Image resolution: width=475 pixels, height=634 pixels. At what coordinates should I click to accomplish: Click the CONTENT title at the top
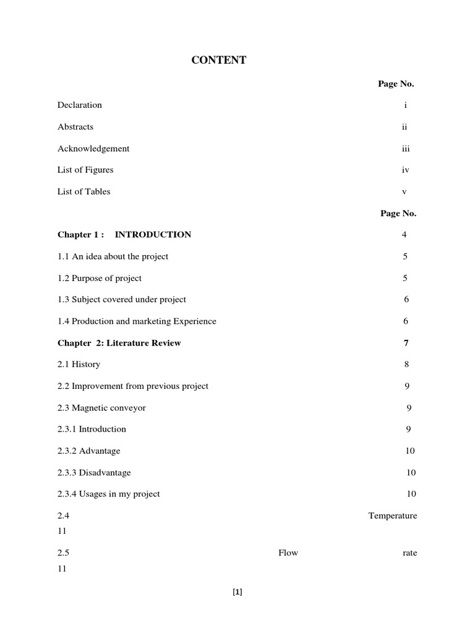click(219, 60)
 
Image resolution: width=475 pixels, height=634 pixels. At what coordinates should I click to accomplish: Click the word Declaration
click(80, 105)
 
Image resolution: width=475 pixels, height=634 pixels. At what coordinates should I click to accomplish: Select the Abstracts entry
click(75, 127)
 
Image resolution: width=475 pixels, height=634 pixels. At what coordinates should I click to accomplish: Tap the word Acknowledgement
click(93, 149)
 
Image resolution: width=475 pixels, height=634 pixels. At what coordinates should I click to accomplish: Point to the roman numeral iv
click(405, 170)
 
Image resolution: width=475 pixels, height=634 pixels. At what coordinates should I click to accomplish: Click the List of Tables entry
click(84, 191)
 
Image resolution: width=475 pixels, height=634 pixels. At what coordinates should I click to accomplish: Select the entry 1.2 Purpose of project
click(100, 278)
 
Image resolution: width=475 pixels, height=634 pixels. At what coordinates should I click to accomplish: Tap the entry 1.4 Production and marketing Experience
click(137, 321)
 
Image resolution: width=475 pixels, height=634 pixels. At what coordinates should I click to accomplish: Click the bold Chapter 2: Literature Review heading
click(119, 343)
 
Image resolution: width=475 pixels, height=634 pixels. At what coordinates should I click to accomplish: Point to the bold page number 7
click(406, 343)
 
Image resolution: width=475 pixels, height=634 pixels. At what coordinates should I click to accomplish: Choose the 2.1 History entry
click(79, 365)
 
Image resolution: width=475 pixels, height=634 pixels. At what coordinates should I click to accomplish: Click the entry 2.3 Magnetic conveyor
click(101, 408)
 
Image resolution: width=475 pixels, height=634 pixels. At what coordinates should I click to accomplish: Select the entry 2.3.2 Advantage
click(89, 451)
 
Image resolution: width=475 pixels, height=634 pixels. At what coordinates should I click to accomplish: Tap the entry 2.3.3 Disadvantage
click(94, 472)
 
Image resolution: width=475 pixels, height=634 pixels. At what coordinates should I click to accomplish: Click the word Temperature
click(392, 516)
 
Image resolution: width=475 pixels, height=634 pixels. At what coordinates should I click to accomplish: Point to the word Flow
click(288, 553)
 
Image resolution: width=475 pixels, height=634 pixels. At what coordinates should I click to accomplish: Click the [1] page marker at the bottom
click(237, 592)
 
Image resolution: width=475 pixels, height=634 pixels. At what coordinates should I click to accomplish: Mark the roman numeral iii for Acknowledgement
click(405, 149)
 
